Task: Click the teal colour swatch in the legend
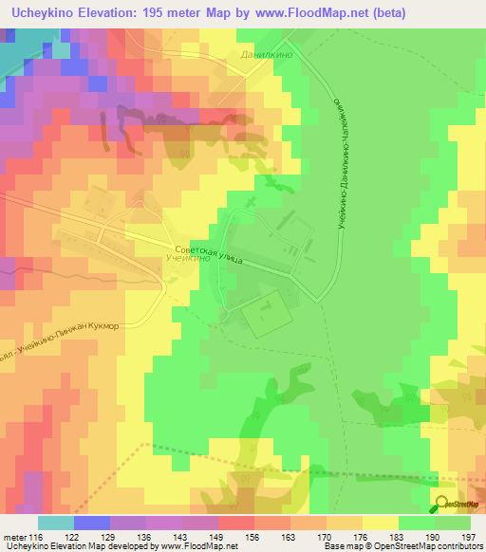pos(56,523)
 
